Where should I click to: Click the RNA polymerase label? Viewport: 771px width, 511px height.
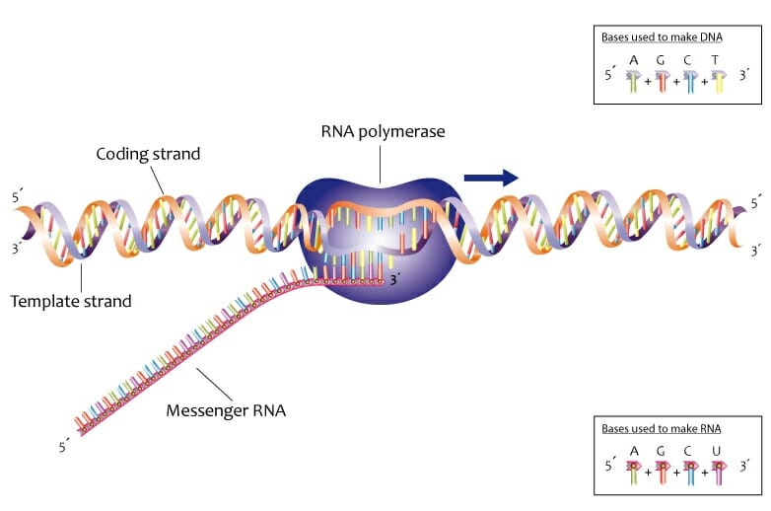pos(383,132)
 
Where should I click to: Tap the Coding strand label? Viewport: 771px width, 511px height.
pos(148,154)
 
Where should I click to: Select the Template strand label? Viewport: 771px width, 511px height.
pos(71,301)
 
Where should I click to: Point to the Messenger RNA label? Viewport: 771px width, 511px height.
pos(226,410)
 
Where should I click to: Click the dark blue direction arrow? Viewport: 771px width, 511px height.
pos(491,178)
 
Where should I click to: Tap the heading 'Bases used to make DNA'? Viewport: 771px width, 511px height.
pos(662,36)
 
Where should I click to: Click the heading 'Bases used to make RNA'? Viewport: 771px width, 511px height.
pos(662,428)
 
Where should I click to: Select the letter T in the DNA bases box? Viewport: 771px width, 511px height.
pos(715,60)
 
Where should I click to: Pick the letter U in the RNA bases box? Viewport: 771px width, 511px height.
pos(716,451)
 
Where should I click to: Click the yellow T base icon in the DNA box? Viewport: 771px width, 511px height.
pos(719,81)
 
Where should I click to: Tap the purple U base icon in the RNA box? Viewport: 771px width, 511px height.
pos(719,473)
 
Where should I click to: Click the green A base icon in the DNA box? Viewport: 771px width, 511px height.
pos(634,81)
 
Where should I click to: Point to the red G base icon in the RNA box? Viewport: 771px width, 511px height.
pos(663,473)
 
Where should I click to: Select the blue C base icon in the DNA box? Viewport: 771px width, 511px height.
pos(691,81)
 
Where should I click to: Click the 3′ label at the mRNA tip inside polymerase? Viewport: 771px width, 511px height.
pos(394,280)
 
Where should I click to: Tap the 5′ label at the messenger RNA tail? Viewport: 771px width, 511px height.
pos(64,447)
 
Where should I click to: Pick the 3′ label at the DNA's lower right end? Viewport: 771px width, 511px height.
pos(756,251)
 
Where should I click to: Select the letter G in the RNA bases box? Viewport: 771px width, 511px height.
pos(661,451)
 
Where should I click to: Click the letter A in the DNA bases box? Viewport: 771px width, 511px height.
pos(634,60)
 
